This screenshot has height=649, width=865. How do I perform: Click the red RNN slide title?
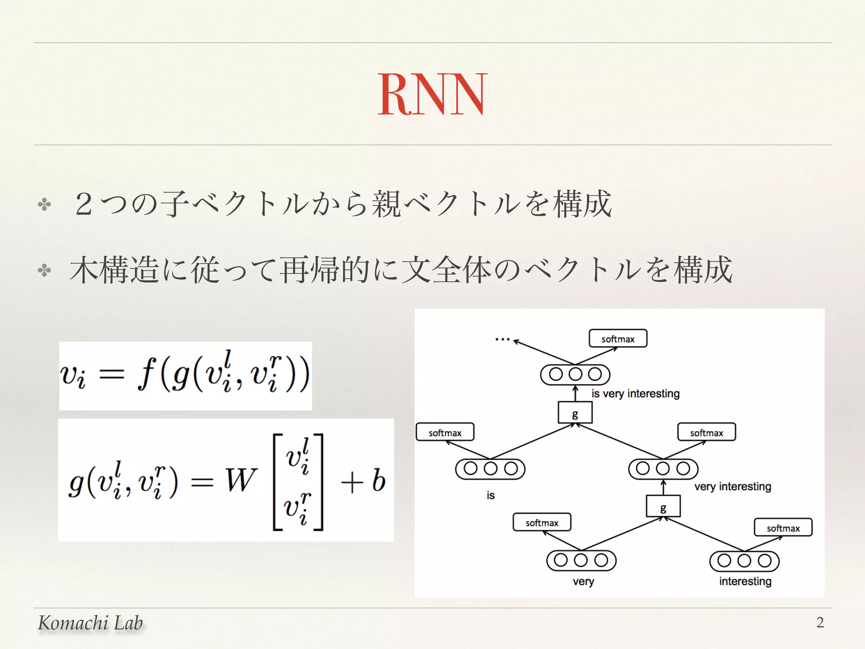point(432,94)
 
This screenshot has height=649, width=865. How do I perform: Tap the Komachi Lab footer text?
point(90,623)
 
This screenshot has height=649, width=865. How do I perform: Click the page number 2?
point(820,622)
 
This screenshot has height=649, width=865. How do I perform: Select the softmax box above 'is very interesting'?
point(618,339)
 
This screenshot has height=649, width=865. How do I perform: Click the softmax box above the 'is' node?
point(445,432)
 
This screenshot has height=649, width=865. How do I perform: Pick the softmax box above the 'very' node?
point(542,522)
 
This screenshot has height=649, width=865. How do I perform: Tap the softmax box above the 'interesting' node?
point(783,528)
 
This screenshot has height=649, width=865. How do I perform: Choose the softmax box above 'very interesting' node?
point(707,432)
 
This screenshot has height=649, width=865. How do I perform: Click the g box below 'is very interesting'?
point(575,413)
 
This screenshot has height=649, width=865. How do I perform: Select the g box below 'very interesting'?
point(663,506)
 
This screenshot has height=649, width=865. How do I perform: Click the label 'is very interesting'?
point(635,394)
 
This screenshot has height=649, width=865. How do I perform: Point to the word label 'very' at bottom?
point(583,582)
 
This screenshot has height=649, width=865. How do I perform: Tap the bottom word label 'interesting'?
point(745,582)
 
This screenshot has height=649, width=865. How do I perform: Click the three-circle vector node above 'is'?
point(490,469)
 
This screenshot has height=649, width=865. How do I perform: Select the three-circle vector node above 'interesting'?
point(744,561)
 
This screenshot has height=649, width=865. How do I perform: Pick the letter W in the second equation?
point(241,480)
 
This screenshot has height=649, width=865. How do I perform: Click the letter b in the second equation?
point(379,480)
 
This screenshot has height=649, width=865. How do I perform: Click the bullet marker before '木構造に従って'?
point(44,270)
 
